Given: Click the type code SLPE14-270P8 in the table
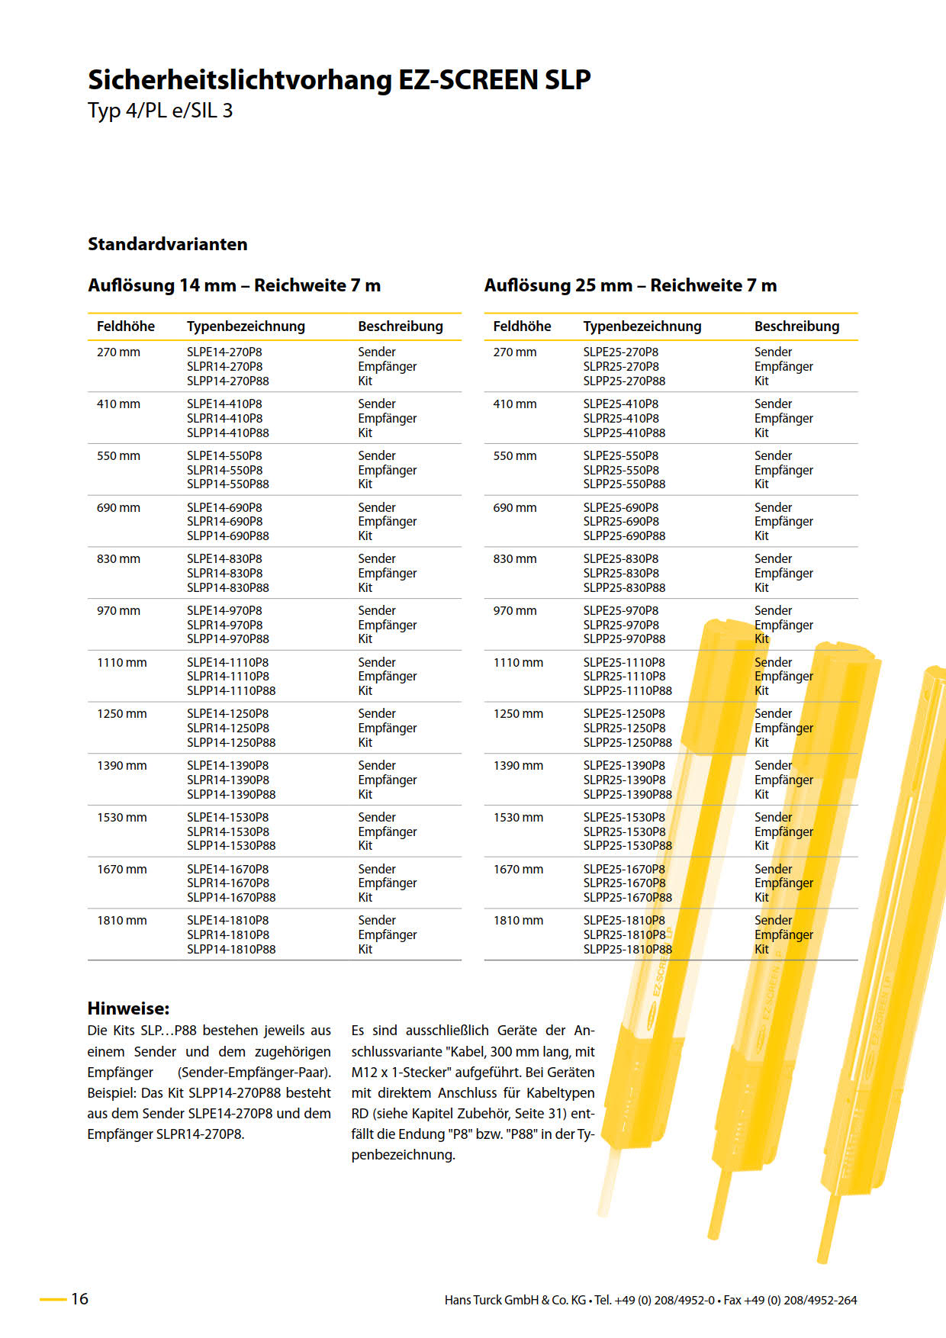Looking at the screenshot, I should coord(224,352).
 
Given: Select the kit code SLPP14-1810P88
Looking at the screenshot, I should coord(231,950).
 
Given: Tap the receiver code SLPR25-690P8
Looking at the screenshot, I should coord(621,522).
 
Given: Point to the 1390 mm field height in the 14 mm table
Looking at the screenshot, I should coord(121,766).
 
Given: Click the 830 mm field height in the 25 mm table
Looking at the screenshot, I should coord(514,559).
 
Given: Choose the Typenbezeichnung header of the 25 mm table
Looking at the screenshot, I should coord(642,326).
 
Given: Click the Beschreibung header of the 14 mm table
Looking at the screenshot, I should coord(400,326).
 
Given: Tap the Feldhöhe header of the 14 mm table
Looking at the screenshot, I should coord(125,326).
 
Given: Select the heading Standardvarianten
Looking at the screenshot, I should coord(167,244).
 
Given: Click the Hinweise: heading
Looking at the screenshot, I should coord(128,1008).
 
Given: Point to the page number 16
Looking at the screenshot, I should coord(79,1299).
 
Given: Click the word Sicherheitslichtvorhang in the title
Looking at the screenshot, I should coord(240,80).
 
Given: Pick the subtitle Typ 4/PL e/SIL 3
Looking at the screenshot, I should coord(160,111).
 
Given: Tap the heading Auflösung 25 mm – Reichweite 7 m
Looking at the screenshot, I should coord(630,285).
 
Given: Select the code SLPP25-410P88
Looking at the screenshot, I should coord(624,433).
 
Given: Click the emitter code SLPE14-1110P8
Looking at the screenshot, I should coord(227,663).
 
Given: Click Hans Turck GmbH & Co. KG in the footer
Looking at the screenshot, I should coord(515,1301).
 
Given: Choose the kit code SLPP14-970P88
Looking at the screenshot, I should coord(227,639).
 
